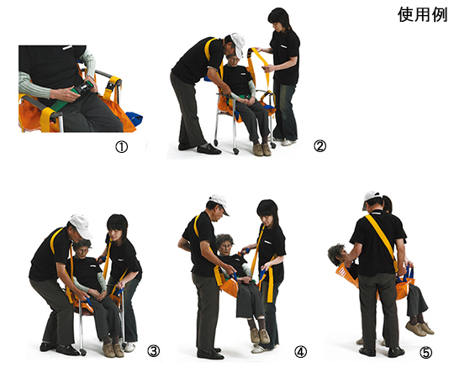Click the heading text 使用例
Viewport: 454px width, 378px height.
pyautogui.click(x=422, y=15)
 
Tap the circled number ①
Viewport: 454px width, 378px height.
pyautogui.click(x=122, y=147)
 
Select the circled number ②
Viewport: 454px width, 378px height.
pyautogui.click(x=319, y=146)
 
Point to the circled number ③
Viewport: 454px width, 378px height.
pyautogui.click(x=154, y=351)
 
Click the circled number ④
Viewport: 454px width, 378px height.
pyautogui.click(x=300, y=352)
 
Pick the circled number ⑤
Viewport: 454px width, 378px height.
pyautogui.click(x=426, y=353)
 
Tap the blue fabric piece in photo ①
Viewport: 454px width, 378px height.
pyautogui.click(x=134, y=118)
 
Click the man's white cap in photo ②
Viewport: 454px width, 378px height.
pyautogui.click(x=238, y=45)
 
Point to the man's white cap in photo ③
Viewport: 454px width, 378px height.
pyautogui.click(x=82, y=226)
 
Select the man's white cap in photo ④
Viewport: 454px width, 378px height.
pyautogui.click(x=219, y=203)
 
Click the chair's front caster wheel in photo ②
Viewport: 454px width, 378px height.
pyautogui.click(x=236, y=151)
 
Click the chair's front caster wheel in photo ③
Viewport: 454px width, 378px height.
pyautogui.click(x=82, y=352)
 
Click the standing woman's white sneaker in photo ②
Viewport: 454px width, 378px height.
pyautogui.click(x=288, y=142)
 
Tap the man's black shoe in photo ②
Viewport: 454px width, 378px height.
pyautogui.click(x=209, y=149)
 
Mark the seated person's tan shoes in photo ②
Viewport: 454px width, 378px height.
pyautogui.click(x=262, y=150)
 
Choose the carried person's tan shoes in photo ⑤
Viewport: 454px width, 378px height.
pyautogui.click(x=420, y=328)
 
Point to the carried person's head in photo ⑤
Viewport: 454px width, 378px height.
pyautogui.click(x=338, y=254)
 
